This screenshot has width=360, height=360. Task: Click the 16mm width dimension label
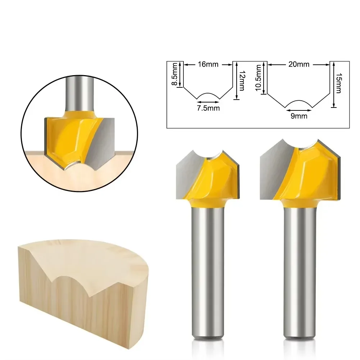click(208, 65)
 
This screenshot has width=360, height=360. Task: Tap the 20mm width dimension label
click(298, 65)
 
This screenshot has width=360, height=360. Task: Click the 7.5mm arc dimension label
click(208, 108)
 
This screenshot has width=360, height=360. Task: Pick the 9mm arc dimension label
click(299, 116)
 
